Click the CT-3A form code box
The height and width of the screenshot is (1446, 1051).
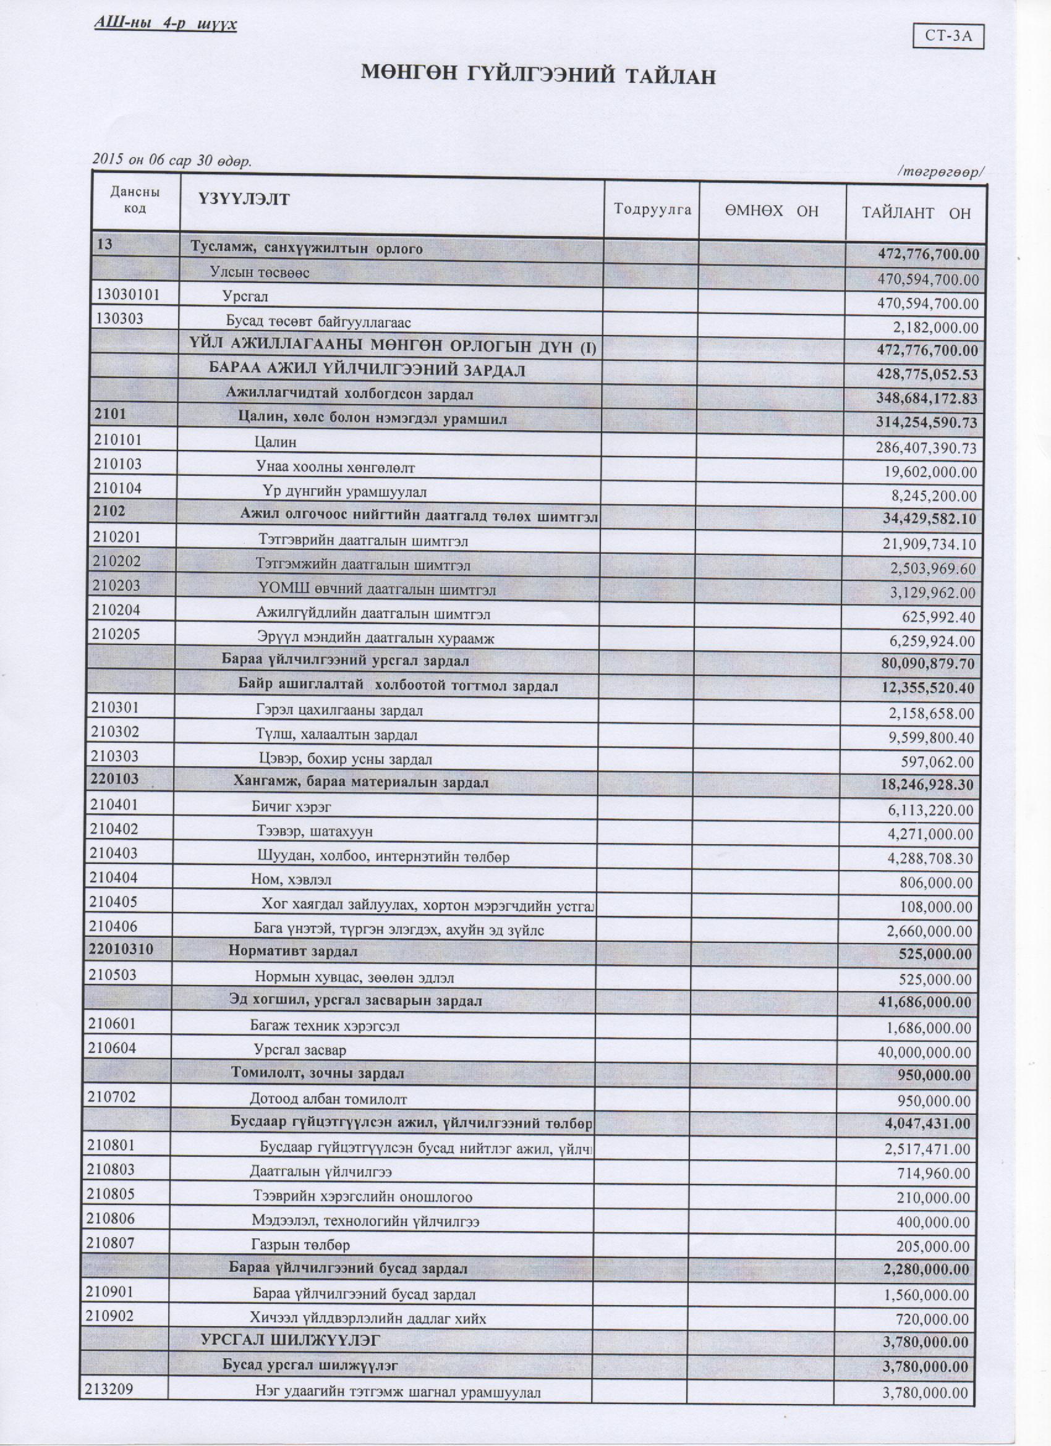click(x=949, y=36)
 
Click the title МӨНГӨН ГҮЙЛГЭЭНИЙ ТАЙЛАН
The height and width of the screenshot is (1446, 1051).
click(x=538, y=75)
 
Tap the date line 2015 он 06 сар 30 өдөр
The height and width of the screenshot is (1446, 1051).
click(x=172, y=160)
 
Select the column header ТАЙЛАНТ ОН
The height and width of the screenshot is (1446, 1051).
click(x=916, y=213)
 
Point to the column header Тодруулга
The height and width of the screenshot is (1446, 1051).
click(x=652, y=209)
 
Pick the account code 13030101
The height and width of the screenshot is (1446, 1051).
click(x=127, y=295)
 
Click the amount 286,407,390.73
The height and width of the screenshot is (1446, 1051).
click(x=926, y=448)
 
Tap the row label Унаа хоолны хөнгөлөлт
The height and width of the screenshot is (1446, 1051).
click(x=335, y=468)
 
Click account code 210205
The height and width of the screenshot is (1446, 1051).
click(x=117, y=635)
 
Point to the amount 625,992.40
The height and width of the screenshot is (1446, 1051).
click(x=938, y=617)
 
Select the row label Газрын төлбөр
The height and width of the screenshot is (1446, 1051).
click(x=300, y=1245)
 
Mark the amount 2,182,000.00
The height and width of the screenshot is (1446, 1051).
click(x=935, y=328)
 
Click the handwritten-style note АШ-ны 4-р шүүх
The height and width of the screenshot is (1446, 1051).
click(x=165, y=25)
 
